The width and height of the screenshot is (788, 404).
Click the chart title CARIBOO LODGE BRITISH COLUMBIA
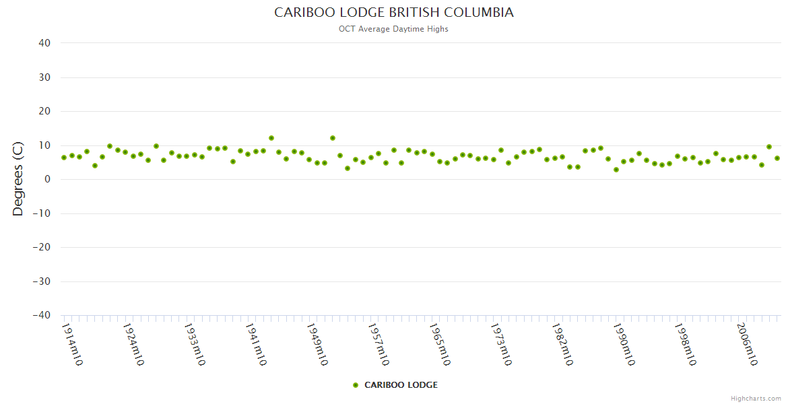pyautogui.click(x=393, y=13)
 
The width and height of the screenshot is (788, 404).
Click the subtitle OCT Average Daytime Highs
pyautogui.click(x=393, y=29)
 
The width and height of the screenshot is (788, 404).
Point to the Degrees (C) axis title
pyautogui.click(x=18, y=178)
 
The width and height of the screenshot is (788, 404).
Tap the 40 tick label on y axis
pyautogui.click(x=44, y=43)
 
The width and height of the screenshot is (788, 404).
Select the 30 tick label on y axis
pyautogui.click(x=44, y=77)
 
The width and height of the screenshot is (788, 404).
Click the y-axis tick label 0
pyautogui.click(x=48, y=179)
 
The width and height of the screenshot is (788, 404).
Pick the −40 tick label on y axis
pyautogui.click(x=42, y=315)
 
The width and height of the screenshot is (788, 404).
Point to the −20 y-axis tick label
pyautogui.click(x=42, y=247)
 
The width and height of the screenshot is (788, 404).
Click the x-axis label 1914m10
pyautogui.click(x=72, y=345)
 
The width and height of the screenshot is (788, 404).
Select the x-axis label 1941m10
pyautogui.click(x=256, y=345)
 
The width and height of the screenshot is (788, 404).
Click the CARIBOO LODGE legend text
pyautogui.click(x=401, y=385)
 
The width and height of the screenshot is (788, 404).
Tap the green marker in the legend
pyautogui.click(x=356, y=385)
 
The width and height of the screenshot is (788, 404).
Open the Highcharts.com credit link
pyautogui.click(x=756, y=399)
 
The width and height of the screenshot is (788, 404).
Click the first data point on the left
pyautogui.click(x=64, y=158)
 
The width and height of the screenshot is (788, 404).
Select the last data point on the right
pyautogui.click(x=777, y=158)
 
